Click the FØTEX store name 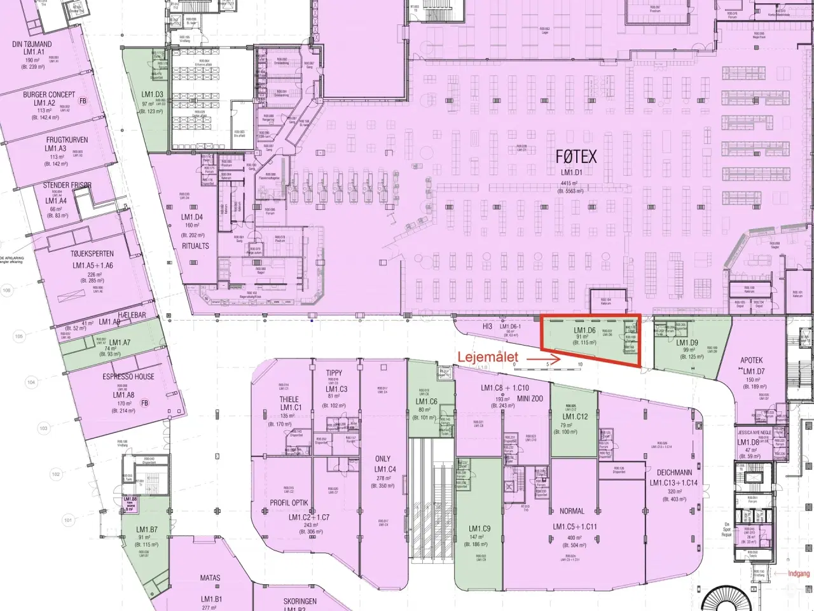pos(576,156)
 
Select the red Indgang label pos(799,573)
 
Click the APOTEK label pos(751,360)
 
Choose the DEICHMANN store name pos(673,473)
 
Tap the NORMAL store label pos(572,511)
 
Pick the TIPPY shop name pos(334,373)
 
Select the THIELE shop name pos(289,400)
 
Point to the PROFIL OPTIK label pos(289,503)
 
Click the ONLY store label pos(383,459)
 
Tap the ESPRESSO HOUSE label pos(128,377)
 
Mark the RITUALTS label pos(195,246)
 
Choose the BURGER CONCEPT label pos(49,95)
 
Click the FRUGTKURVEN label pos(67,140)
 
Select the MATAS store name pos(210,578)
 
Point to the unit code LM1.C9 pos(479,528)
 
